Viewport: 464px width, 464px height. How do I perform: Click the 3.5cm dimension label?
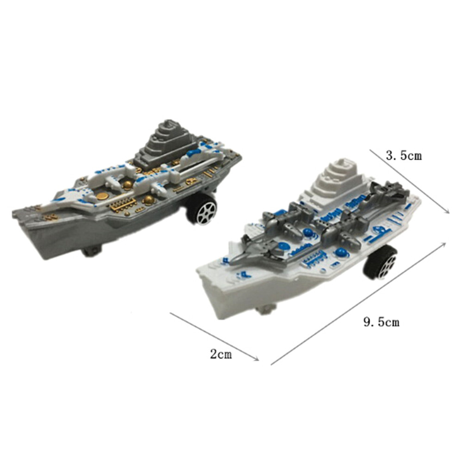404,156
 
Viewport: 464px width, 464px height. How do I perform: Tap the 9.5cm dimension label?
382,322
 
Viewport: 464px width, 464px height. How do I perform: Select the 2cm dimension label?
221,354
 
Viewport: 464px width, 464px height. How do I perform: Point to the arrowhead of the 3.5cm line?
447,211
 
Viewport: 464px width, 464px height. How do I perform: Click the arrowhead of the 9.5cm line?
444,244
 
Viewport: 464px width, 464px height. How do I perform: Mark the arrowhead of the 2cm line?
257,359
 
